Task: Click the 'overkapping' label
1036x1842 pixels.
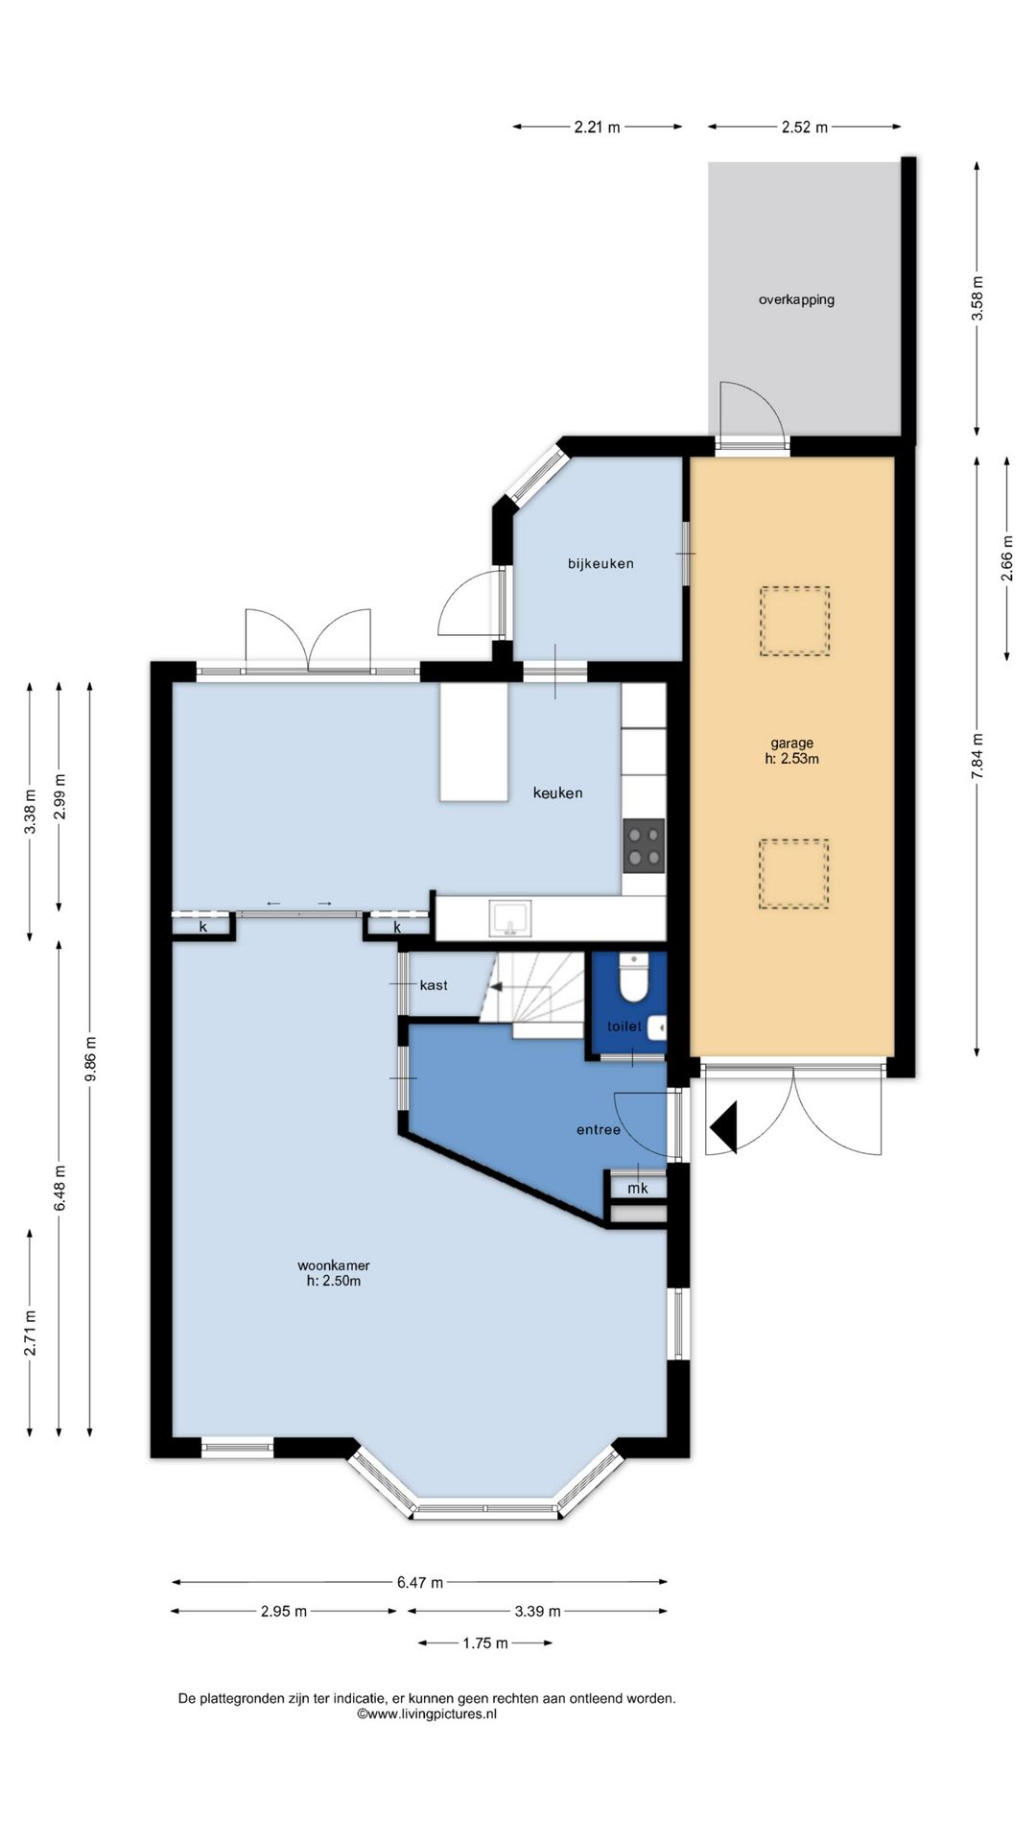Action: [796, 299]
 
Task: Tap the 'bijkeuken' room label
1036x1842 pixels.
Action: [600, 563]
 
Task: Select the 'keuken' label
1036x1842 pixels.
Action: [557, 792]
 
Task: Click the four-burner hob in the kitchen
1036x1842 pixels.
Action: [644, 845]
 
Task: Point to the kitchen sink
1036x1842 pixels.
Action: [509, 918]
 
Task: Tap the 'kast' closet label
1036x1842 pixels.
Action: [434, 985]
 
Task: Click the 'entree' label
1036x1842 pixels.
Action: [599, 1130]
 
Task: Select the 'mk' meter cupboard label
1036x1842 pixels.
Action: [638, 1189]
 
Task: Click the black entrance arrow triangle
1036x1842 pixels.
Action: [724, 1128]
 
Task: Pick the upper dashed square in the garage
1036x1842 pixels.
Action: [795, 622]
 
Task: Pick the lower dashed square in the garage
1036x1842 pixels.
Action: [794, 874]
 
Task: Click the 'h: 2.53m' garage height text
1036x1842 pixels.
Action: [792, 759]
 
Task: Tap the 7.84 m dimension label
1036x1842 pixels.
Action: [977, 759]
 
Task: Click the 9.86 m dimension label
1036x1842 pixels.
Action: [90, 1059]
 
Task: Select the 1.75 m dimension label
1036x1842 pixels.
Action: [485, 1643]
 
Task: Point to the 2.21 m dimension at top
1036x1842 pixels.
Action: [598, 127]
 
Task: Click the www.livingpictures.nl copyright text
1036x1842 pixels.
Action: [427, 1713]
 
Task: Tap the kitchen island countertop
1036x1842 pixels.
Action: [474, 742]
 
